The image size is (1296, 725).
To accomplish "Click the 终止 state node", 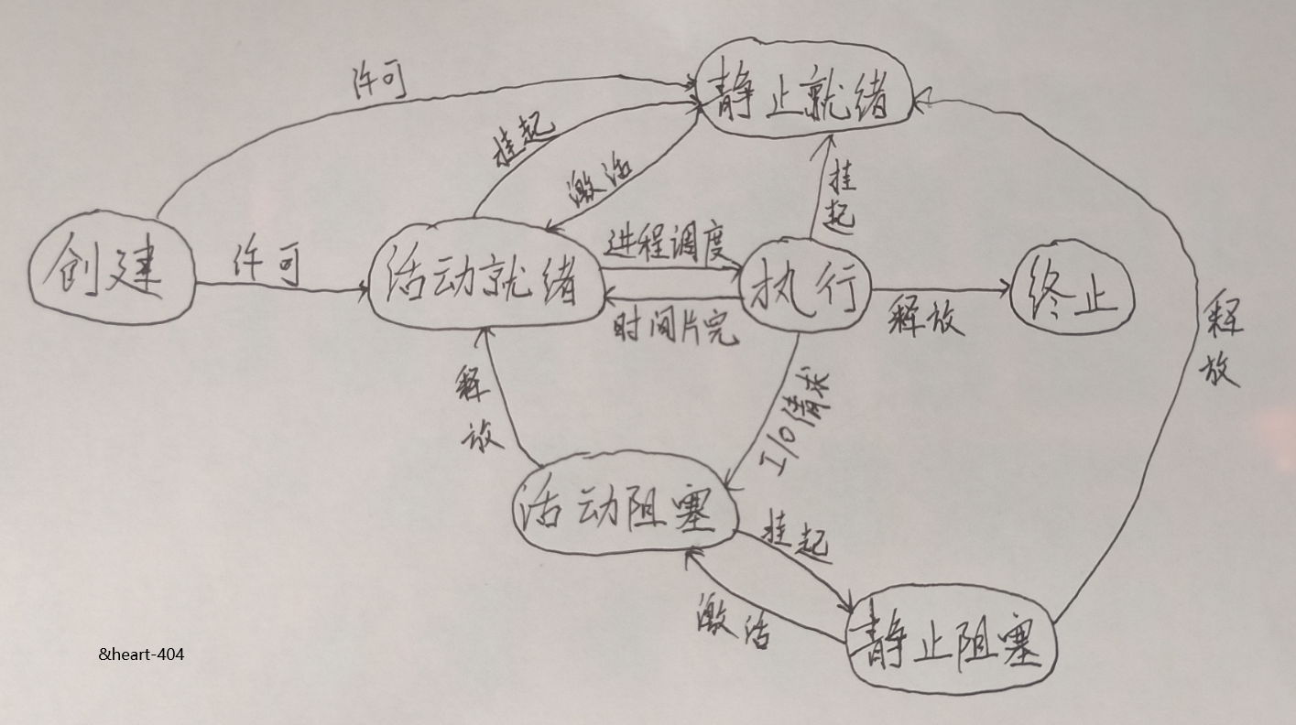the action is coord(1073,289).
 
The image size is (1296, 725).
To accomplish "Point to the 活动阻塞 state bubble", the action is coord(626,508).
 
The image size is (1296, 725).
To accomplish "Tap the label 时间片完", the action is coord(676,328).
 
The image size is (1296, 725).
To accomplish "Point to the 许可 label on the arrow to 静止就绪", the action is coord(379,83).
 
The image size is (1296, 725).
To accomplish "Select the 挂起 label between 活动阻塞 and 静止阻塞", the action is coord(796,538).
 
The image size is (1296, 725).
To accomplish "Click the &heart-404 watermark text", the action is coord(141,654).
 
